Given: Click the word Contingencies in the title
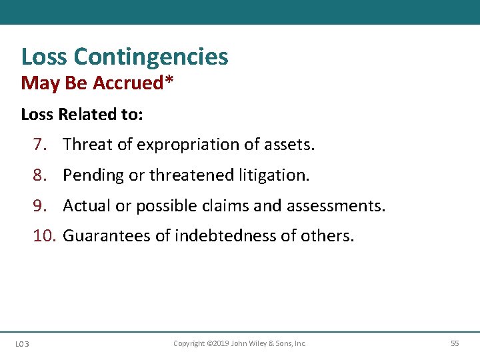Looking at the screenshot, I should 151,57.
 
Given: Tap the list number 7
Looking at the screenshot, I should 39,145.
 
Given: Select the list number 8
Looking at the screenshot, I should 39,175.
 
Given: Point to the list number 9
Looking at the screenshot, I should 39,206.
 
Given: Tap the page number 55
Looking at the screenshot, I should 455,343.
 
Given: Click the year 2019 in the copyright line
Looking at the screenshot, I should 221,343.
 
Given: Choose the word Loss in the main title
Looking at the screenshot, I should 45,57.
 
